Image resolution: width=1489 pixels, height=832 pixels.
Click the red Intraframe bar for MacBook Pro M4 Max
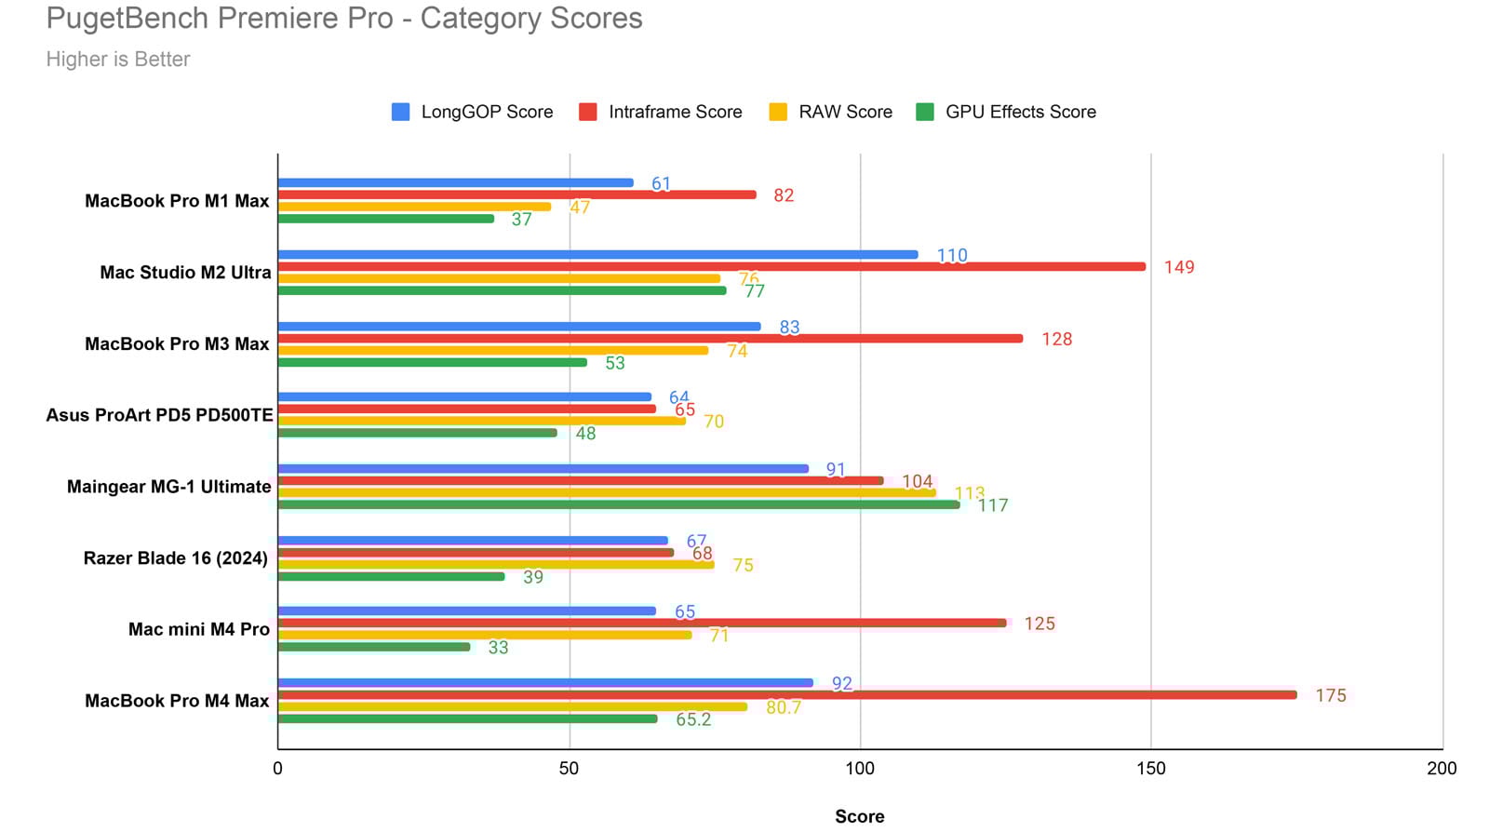(786, 695)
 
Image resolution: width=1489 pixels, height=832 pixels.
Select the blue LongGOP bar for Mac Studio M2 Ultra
(597, 255)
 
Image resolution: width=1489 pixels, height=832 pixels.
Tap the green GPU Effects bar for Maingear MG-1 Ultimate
(618, 504)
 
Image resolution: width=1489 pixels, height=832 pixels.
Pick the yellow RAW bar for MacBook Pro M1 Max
(414, 207)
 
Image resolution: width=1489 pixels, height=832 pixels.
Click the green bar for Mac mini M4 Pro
(374, 647)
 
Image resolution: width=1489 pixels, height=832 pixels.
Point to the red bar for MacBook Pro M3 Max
(650, 339)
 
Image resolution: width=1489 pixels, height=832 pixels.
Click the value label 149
(1178, 267)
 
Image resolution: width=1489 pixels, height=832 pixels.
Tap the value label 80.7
(783, 707)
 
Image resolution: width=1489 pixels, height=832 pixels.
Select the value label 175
(1330, 695)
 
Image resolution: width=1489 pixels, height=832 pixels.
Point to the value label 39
(532, 577)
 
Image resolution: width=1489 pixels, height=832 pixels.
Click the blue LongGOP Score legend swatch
(401, 112)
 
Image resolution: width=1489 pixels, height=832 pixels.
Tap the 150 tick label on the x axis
(1151, 769)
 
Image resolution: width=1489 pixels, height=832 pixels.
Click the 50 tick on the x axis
(569, 769)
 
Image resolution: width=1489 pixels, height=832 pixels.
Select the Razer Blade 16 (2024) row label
(176, 558)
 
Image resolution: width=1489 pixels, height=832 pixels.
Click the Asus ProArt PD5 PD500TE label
(159, 415)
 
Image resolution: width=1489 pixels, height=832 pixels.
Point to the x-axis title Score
(859, 816)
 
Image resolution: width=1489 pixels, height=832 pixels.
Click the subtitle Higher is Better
(118, 59)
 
